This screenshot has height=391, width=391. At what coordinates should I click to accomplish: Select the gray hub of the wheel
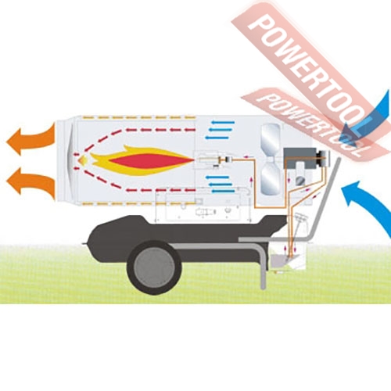154,267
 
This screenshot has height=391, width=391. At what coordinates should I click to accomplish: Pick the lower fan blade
271,180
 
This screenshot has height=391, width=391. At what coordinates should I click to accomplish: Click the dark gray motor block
300,158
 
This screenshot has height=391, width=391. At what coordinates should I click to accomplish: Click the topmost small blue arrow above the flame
223,122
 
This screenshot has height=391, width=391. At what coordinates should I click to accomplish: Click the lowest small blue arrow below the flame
223,192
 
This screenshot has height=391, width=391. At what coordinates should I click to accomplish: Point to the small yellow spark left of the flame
84,160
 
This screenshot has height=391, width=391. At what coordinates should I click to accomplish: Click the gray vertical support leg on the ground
264,274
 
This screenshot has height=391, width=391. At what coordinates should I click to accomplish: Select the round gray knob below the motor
300,181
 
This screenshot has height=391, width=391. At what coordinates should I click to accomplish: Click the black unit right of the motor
323,158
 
